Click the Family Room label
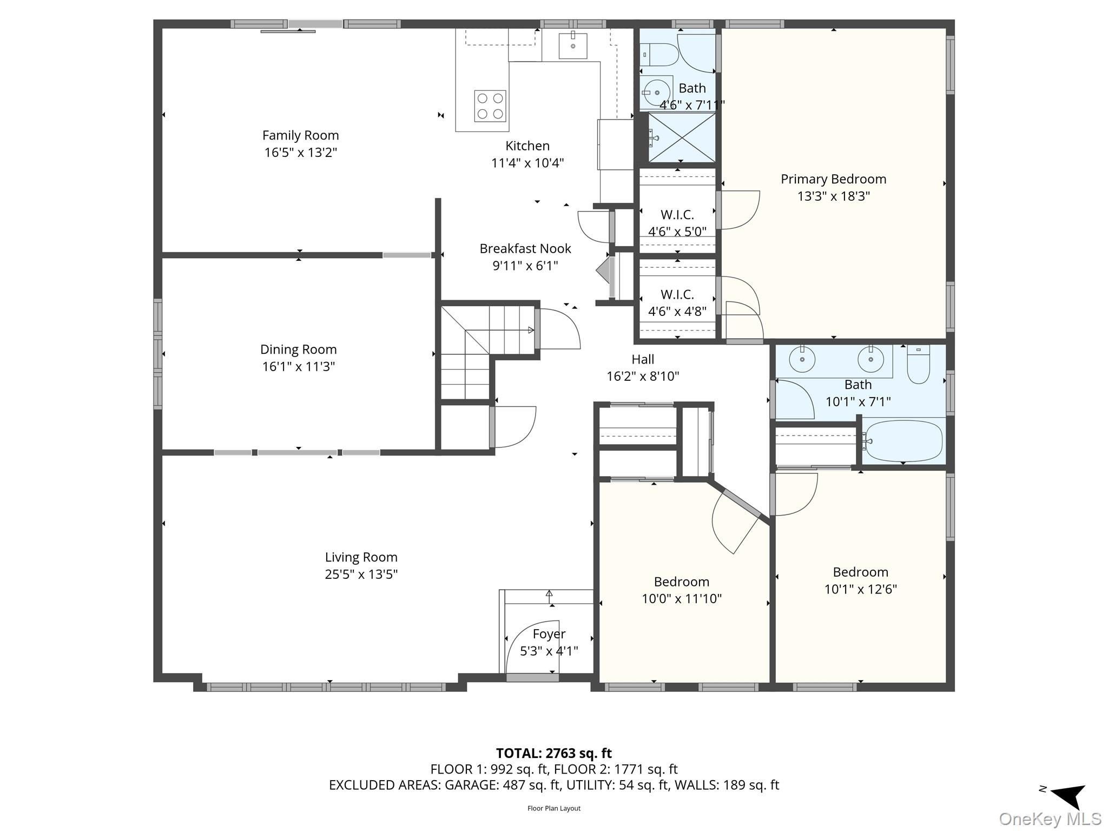coord(300,135)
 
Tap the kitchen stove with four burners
coord(490,105)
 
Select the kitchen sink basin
coord(573,45)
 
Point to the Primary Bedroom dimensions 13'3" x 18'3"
coord(833,196)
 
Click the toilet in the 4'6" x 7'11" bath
coord(659,55)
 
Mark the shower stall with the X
coord(682,137)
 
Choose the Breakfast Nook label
coord(525,248)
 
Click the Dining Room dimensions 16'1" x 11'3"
coord(299,366)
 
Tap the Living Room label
coord(361,557)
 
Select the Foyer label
coord(549,634)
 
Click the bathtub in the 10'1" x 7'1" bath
coord(903,441)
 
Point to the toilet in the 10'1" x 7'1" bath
coord(918,364)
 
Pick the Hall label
coord(643,359)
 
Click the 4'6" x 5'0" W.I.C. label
coord(677,215)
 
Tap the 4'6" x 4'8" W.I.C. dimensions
coord(677,311)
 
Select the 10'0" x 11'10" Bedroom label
coord(681,582)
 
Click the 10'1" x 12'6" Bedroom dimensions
coord(860,589)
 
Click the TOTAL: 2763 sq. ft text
coord(554,753)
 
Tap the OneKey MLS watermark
coord(1050,819)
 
